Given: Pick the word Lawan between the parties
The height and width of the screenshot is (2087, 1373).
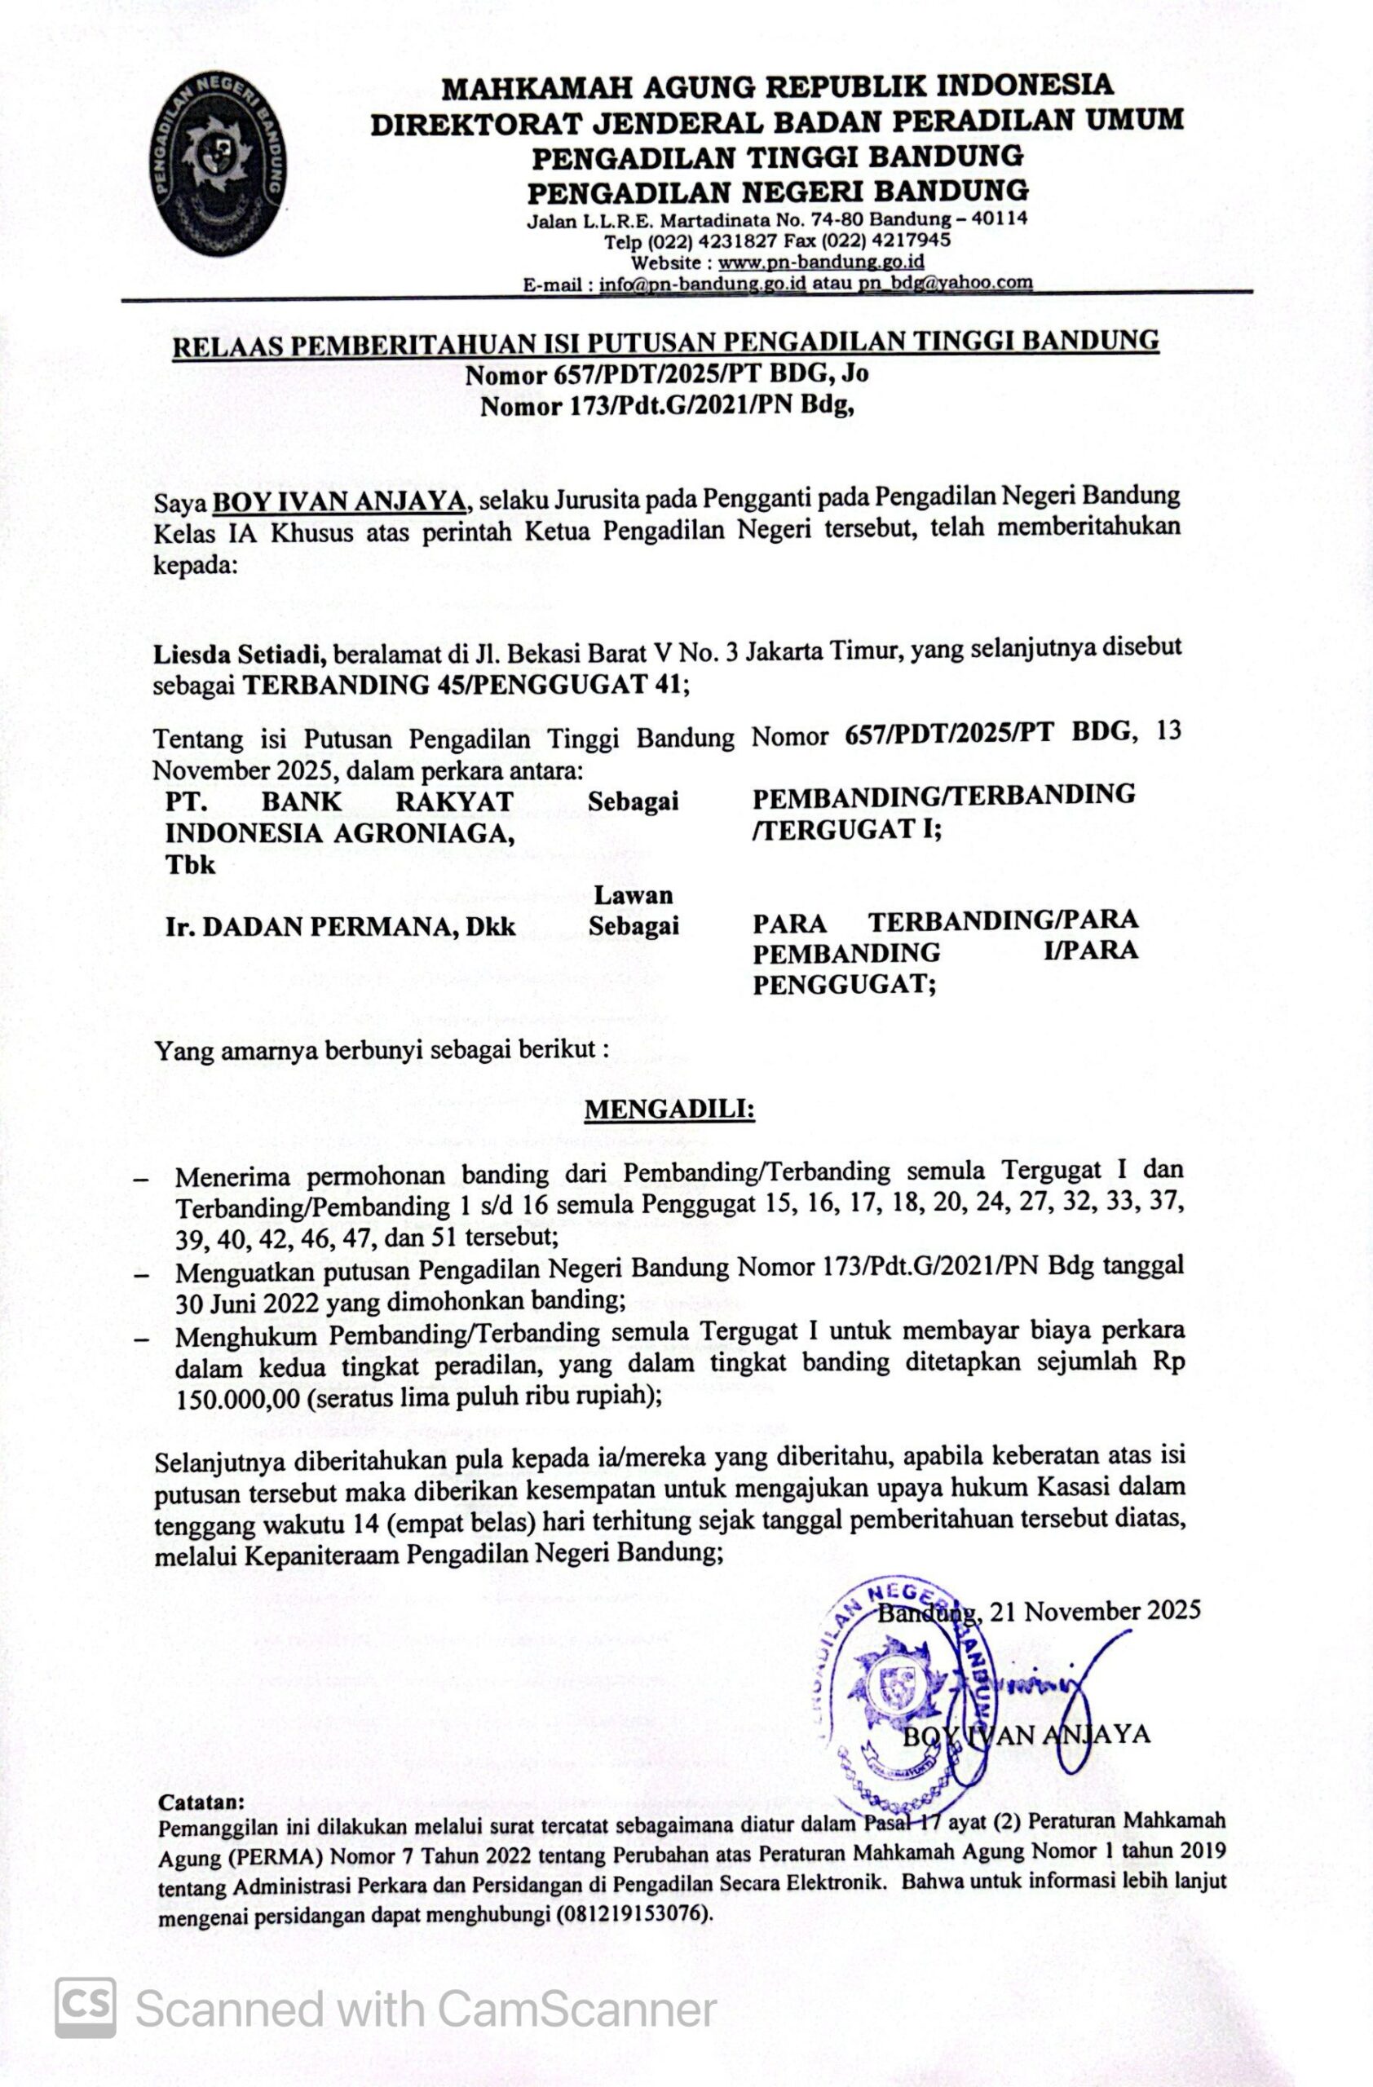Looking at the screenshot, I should [x=633, y=895].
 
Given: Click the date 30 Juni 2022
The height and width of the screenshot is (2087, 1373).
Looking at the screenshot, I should [x=247, y=1302].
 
